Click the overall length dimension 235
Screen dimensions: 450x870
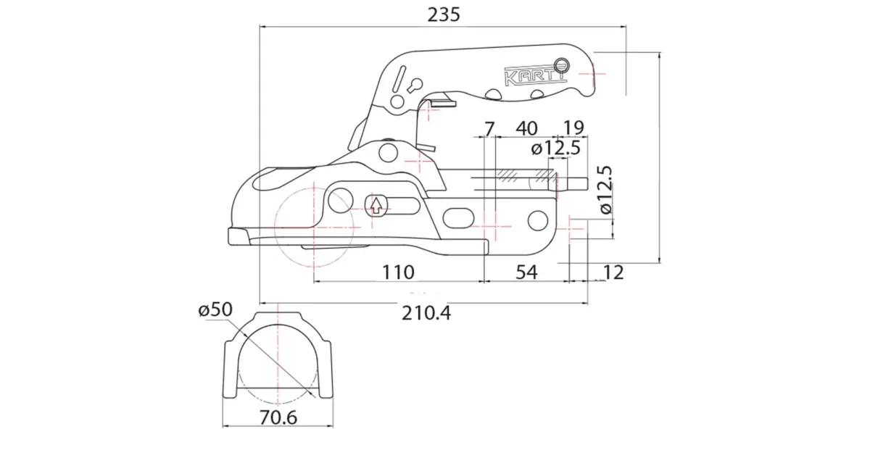444,14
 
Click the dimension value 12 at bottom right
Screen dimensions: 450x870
613,272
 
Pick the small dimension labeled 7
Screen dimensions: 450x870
489,129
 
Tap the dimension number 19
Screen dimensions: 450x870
573,129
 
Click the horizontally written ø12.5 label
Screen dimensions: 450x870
555,149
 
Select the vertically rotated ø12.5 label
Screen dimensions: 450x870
606,189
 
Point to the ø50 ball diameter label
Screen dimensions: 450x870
215,309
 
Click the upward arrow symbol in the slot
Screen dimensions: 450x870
376,205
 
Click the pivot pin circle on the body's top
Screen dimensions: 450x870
389,151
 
